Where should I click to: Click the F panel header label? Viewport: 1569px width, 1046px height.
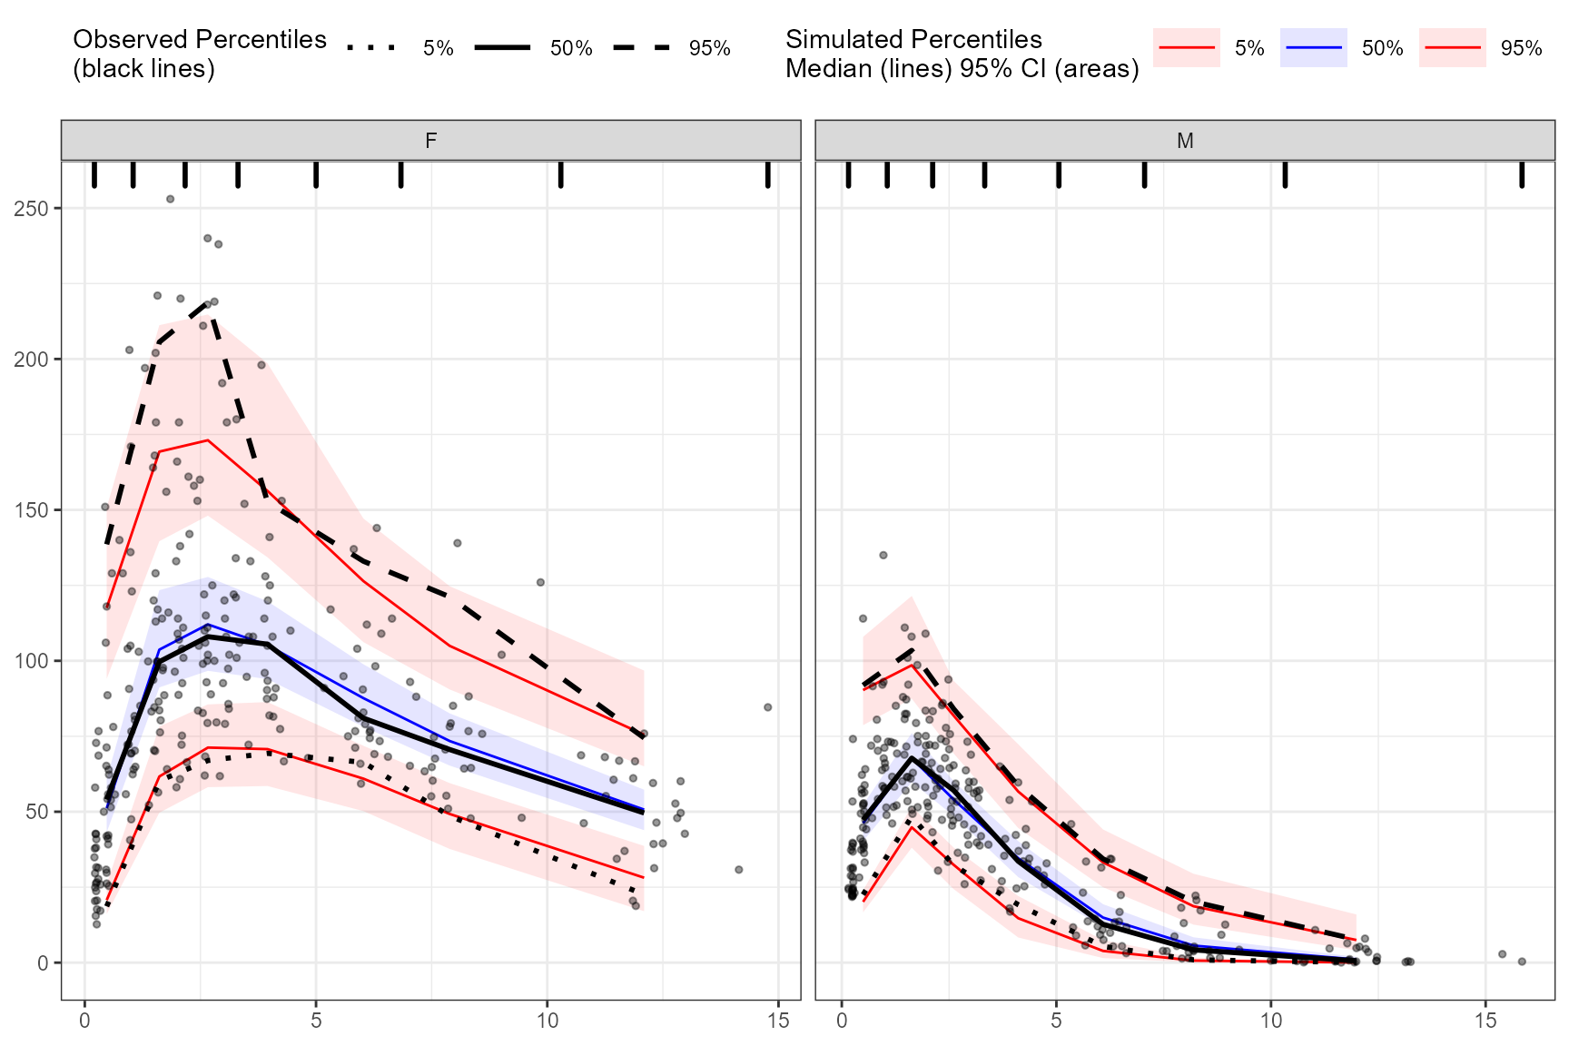pyautogui.click(x=430, y=141)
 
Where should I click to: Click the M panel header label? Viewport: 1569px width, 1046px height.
pyautogui.click(x=1185, y=141)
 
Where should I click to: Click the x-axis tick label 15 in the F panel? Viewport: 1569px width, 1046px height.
pyautogui.click(x=777, y=1021)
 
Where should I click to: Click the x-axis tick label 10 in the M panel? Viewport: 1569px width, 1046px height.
pyautogui.click(x=1271, y=1021)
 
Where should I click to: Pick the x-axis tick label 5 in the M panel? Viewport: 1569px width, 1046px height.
pyautogui.click(x=1057, y=1021)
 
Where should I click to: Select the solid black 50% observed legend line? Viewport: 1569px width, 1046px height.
pyautogui.click(x=501, y=48)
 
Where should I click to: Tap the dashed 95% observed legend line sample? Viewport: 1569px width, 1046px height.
pyautogui.click(x=641, y=48)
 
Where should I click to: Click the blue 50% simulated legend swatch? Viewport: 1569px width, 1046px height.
pyautogui.click(x=1313, y=48)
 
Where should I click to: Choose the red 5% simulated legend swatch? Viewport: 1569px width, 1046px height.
pyautogui.click(x=1186, y=48)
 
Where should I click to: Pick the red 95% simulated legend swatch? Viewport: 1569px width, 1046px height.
pyautogui.click(x=1452, y=48)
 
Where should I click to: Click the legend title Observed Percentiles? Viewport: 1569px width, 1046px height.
pyautogui.click(x=200, y=40)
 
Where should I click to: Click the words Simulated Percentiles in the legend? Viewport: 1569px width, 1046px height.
pyautogui.click(x=913, y=40)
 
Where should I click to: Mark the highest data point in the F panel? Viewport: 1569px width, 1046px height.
pyautogui.click(x=170, y=199)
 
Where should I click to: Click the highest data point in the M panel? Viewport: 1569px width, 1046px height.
pyautogui.click(x=883, y=555)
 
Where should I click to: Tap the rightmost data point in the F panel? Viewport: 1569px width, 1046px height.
pyautogui.click(x=767, y=706)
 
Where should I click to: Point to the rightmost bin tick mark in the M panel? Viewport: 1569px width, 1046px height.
pyautogui.click(x=1522, y=174)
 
